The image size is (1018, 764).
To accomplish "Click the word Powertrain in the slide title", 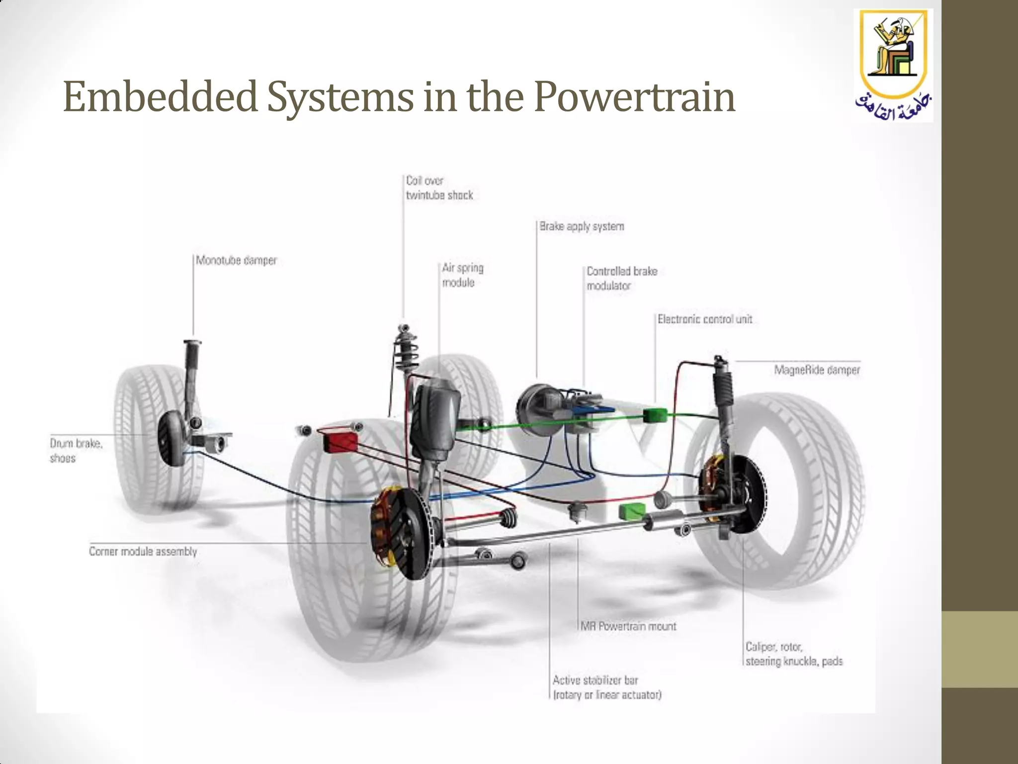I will (x=634, y=97).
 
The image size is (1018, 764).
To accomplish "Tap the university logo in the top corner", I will (x=894, y=66).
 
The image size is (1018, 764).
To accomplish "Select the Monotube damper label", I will (x=236, y=261).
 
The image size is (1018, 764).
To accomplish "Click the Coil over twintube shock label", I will (x=439, y=188).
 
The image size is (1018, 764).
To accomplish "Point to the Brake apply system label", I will (x=582, y=227).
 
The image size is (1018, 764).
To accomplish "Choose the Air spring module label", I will (x=462, y=275).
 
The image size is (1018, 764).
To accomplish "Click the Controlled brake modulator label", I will (x=621, y=279).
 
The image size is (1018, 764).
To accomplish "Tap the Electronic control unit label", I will (x=704, y=319).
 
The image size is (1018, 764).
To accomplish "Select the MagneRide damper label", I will (x=817, y=370).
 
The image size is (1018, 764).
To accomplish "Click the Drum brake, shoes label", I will (x=76, y=451).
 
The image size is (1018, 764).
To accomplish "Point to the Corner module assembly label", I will (x=143, y=552).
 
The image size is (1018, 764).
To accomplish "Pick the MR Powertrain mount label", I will (x=629, y=626).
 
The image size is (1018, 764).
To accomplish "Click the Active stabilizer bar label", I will (x=607, y=687).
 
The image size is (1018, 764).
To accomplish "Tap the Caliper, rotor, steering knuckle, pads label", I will (x=794, y=654).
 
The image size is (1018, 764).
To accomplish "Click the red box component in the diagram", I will (x=340, y=442).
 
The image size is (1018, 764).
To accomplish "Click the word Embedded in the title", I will (x=160, y=97).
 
